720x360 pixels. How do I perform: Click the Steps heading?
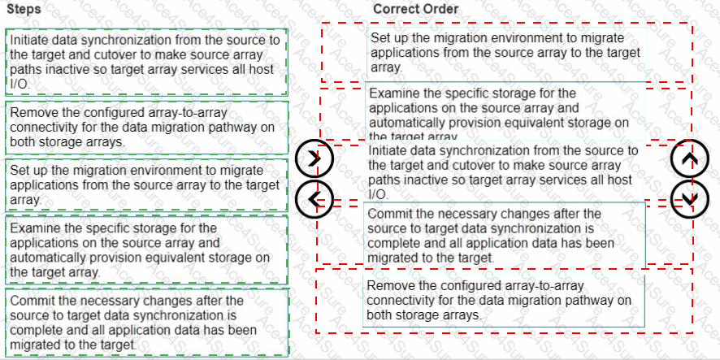[x=22, y=9]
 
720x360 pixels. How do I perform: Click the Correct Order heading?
[x=415, y=9]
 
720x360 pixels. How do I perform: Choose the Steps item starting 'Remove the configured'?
[x=146, y=127]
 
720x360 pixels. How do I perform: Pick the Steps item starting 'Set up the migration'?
[x=146, y=184]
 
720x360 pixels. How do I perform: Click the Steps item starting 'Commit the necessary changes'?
[x=146, y=322]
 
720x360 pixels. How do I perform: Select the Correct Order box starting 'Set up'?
[x=504, y=53]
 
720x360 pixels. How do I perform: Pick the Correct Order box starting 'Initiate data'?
[x=504, y=171]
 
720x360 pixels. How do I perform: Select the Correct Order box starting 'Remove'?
[x=504, y=300]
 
